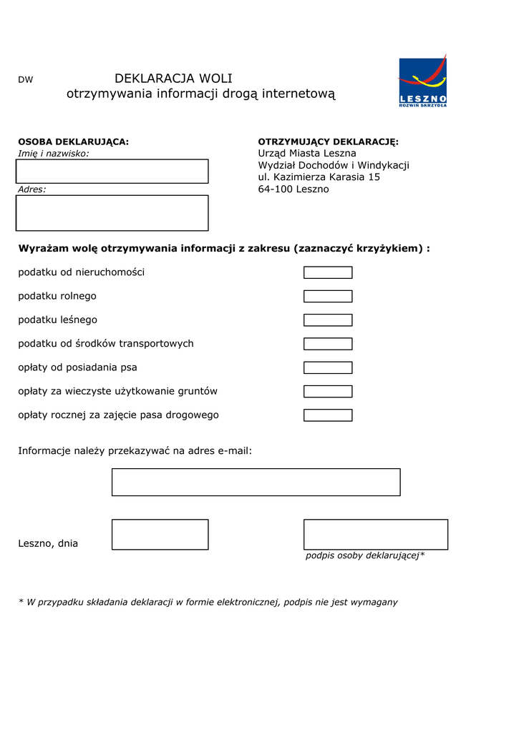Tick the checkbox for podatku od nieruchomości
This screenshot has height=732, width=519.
click(x=328, y=272)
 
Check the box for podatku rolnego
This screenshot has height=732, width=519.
click(x=328, y=296)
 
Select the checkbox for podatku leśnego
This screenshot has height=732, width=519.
click(x=328, y=320)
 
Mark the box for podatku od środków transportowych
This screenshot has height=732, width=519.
click(x=328, y=344)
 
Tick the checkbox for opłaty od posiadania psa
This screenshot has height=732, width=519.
click(x=328, y=367)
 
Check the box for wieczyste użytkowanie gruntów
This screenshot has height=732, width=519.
click(x=328, y=391)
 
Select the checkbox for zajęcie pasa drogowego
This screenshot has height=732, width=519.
click(x=328, y=415)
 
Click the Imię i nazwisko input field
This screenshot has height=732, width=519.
click(x=112, y=172)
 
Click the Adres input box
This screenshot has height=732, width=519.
click(x=112, y=213)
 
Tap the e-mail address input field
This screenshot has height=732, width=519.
click(x=256, y=482)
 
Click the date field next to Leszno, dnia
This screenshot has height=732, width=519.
click(x=160, y=535)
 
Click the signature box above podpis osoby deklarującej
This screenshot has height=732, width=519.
click(x=376, y=535)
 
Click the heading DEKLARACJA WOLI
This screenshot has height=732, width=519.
click(x=173, y=79)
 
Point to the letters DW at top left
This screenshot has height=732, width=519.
click(x=25, y=80)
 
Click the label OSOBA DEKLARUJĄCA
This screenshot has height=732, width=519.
click(x=73, y=142)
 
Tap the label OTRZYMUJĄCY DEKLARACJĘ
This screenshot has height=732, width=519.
click(x=328, y=142)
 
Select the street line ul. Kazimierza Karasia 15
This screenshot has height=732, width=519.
click(x=319, y=177)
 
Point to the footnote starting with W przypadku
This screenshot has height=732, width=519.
click(x=208, y=602)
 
